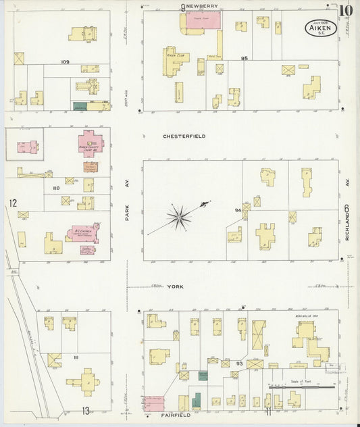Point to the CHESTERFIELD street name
coord(184,136)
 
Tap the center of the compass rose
coord(180,216)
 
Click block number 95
coord(245,59)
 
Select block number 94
coord(238,210)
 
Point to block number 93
coord(238,363)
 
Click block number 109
coord(65,62)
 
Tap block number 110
coord(55,188)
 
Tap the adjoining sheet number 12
coord(12,203)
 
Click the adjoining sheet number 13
coord(86,410)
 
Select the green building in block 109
coord(80,106)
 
